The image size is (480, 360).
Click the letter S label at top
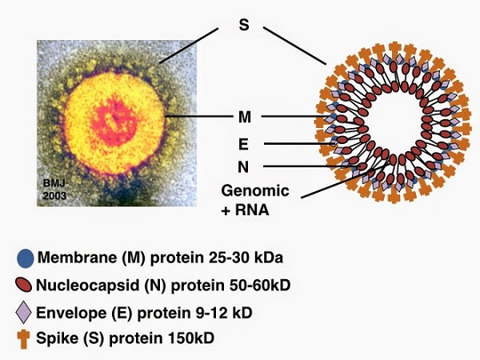[x=244, y=25]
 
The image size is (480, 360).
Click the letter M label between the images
[x=245, y=117]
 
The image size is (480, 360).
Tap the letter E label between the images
[x=243, y=144]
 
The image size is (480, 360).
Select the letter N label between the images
[x=243, y=167]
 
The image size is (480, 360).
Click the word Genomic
[x=255, y=191]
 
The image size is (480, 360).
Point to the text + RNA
[x=246, y=210]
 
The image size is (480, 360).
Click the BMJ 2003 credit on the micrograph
[x=54, y=190]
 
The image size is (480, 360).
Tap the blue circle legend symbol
[x=26, y=258]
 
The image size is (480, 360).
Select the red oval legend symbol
[x=23, y=285]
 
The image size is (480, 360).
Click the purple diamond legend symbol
[x=23, y=312]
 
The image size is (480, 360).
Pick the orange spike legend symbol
[x=23, y=339]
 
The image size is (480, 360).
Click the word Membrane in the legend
[x=77, y=258]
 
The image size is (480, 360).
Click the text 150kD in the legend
[x=191, y=338]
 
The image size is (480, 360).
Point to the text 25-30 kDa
[x=246, y=258]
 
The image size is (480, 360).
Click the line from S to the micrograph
[x=189, y=46]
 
